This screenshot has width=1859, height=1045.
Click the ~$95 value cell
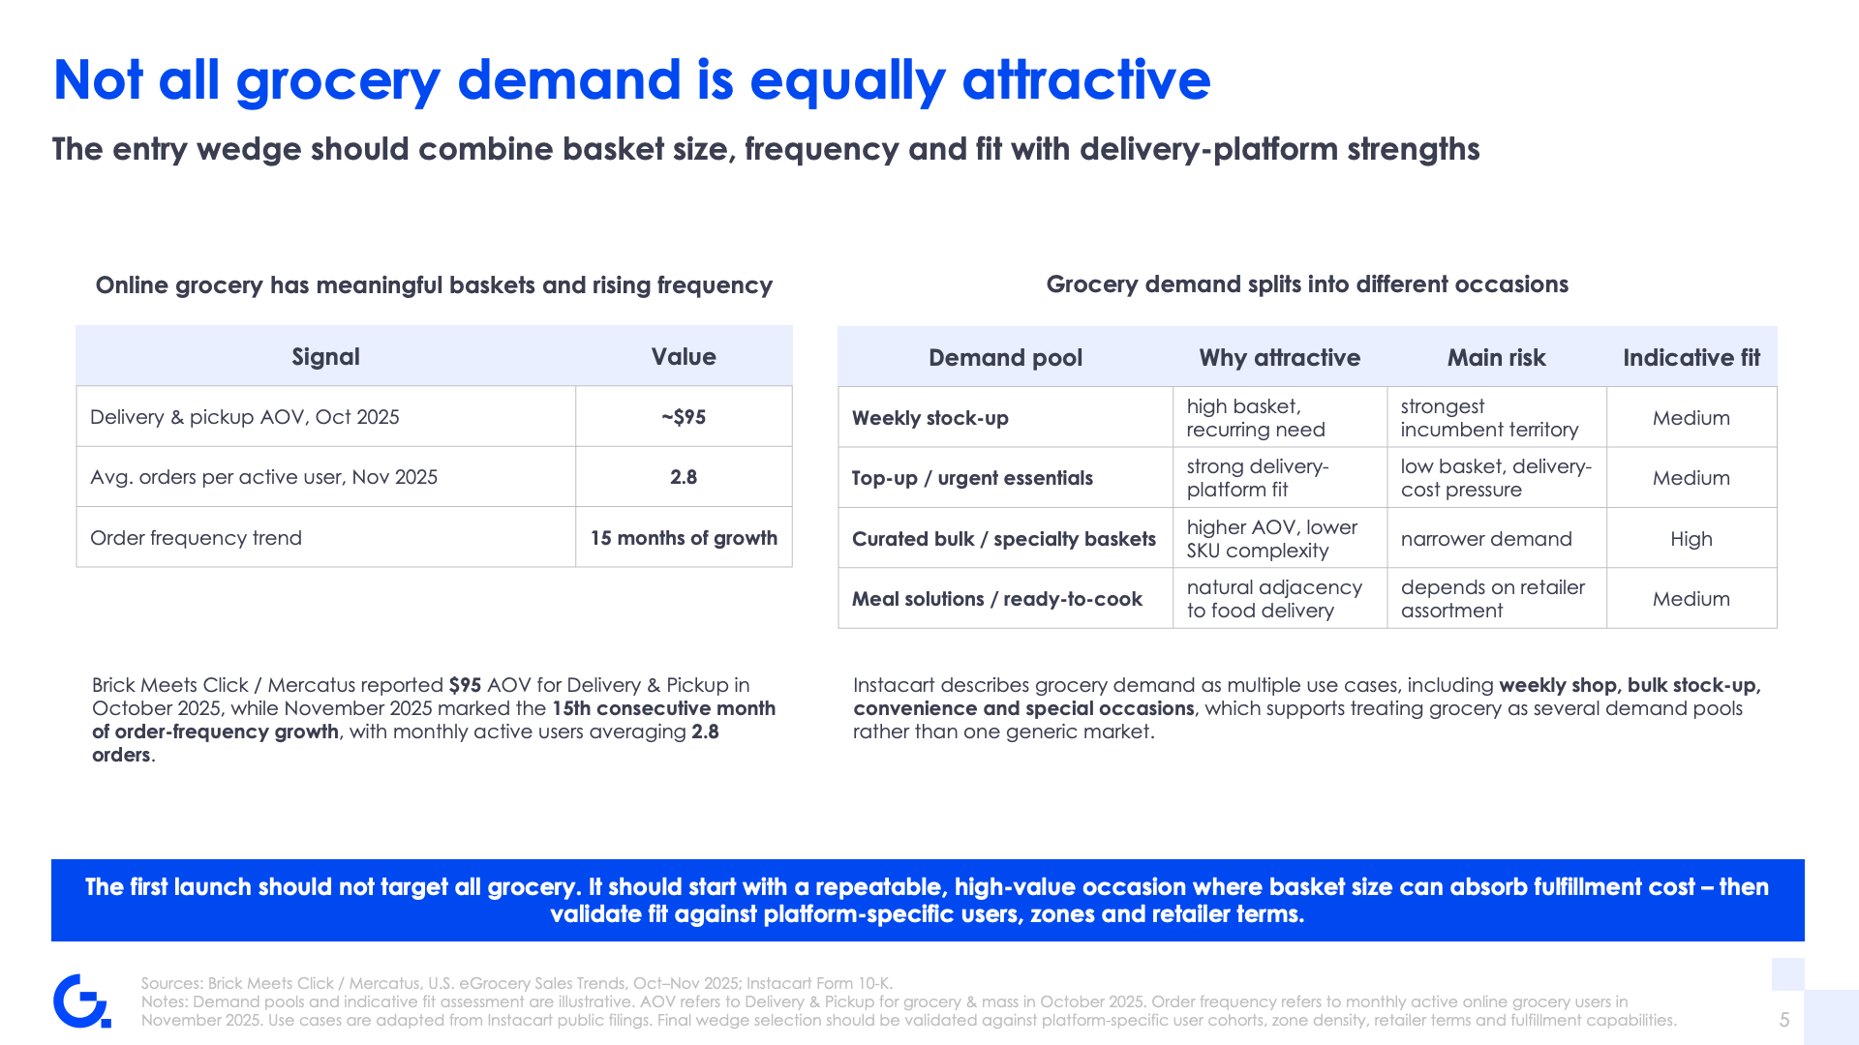(684, 417)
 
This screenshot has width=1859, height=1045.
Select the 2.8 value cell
(684, 477)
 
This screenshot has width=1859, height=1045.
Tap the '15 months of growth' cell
(684, 538)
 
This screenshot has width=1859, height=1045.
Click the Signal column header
(326, 357)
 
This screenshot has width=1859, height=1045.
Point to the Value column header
(684, 357)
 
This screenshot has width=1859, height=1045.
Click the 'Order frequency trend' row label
(196, 538)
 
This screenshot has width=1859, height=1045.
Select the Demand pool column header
(1006, 358)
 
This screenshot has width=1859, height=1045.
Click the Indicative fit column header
(1691, 358)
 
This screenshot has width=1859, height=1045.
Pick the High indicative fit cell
(1691, 539)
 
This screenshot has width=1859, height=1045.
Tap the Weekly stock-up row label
(930, 418)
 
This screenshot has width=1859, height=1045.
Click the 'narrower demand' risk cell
(1486, 539)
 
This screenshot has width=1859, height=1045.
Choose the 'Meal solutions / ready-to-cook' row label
(997, 599)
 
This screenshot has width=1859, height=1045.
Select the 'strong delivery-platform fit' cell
(1280, 478)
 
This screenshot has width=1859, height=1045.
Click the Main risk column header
(1497, 358)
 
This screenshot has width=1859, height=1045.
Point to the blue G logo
(82, 1000)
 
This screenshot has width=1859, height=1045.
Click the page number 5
(1784, 1020)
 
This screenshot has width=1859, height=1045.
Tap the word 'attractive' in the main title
(1086, 79)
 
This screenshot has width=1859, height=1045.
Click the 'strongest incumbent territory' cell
(1497, 418)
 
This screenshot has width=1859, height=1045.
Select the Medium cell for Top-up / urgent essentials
(1691, 478)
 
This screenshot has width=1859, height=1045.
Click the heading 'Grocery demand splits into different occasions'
(1307, 284)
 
